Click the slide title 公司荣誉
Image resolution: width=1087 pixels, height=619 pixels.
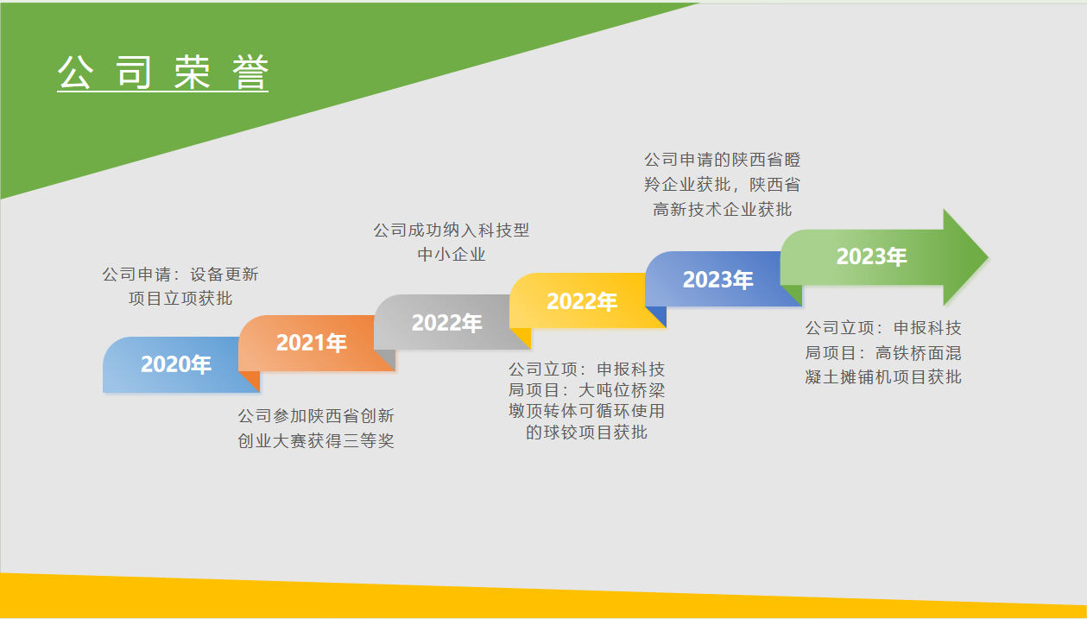[x=162, y=72]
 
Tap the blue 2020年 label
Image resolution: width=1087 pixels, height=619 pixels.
[x=175, y=364]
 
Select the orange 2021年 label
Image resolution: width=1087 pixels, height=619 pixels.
[x=311, y=343]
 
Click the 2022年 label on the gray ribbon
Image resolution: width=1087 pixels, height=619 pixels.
[x=446, y=323]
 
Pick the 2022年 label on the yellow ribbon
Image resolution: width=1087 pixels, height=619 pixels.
[x=582, y=301]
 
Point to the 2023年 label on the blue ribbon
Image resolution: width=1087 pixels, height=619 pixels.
[x=717, y=280]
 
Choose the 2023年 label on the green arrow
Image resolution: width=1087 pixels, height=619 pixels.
[x=871, y=256]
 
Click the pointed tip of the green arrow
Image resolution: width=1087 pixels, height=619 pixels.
[x=988, y=256]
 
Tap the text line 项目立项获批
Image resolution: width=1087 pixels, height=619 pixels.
[x=180, y=299]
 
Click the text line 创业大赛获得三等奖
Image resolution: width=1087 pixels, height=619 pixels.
[x=316, y=441]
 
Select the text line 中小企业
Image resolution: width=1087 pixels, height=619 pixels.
[x=452, y=254]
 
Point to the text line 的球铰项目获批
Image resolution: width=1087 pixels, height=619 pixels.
[x=586, y=433]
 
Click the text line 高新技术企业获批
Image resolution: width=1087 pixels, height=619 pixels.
[x=722, y=210]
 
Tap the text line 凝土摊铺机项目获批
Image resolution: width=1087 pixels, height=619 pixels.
[x=883, y=377]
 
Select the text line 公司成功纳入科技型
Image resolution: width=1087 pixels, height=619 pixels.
[x=452, y=230]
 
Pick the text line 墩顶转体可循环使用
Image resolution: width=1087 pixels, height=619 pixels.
[x=586, y=411]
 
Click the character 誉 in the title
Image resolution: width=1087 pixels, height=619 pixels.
[x=250, y=72]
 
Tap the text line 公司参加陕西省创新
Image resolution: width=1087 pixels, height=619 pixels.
[x=316, y=416]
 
